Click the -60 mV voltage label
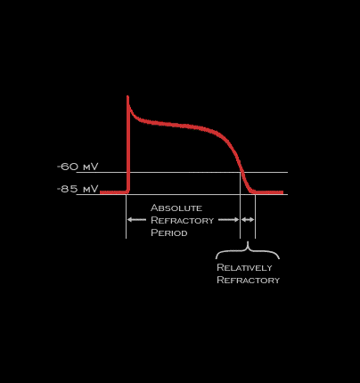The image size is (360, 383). point(78,167)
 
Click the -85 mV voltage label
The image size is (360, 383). point(78,189)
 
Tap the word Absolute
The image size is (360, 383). point(176,208)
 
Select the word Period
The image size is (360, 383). point(169,232)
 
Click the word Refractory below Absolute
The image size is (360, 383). point(183,220)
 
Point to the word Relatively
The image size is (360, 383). point(244,267)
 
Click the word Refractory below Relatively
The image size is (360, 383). point(249,280)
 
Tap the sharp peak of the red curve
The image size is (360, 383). point(127,96)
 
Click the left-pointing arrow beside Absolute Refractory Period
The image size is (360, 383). point(136,220)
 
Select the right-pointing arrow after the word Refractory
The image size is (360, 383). point(229,220)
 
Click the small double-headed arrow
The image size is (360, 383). point(248,220)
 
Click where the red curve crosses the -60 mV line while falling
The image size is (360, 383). point(242,172)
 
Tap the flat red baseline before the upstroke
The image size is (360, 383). point(114,192)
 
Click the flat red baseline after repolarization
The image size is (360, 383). point(268,192)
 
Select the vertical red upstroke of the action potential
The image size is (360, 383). point(128,144)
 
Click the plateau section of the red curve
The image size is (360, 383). point(178,125)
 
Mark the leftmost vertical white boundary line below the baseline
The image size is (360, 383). point(126,216)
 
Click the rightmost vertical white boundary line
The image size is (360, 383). point(255,216)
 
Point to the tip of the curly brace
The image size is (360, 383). point(248,241)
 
